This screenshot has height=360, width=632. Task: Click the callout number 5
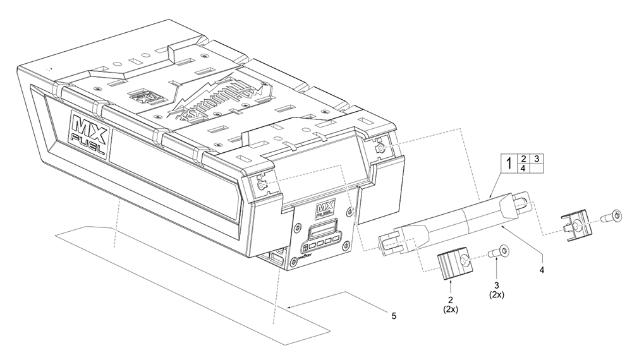(393, 316)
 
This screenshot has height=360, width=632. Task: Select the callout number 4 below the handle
(541, 269)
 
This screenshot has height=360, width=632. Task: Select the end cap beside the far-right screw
(576, 225)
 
